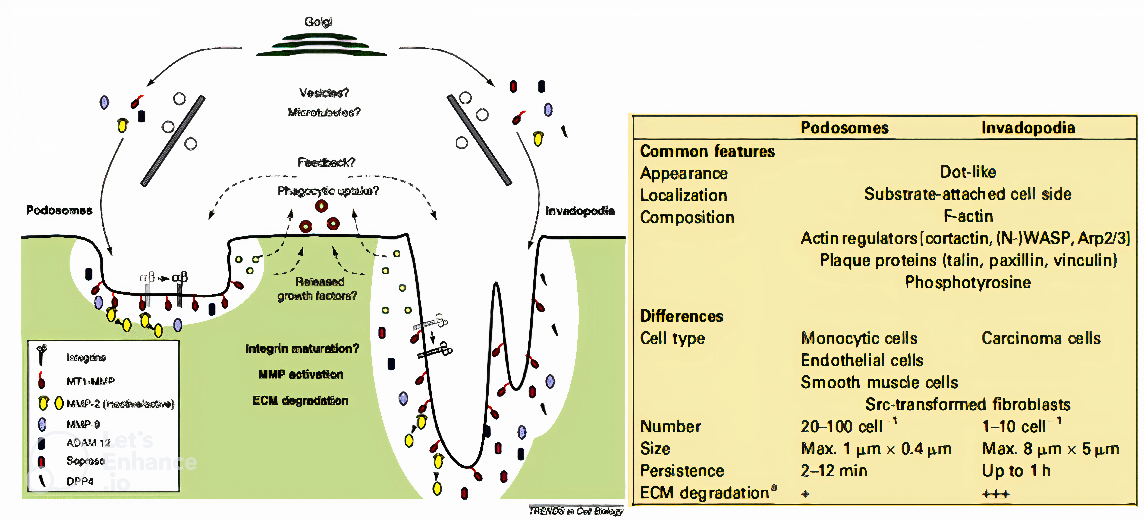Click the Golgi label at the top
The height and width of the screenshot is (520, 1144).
tap(318, 22)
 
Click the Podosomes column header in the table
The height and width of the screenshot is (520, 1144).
tap(844, 128)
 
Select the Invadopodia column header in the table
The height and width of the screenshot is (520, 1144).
tap(1028, 128)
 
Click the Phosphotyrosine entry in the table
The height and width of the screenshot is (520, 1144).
tap(968, 282)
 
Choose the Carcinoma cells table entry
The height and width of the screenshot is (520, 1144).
tap(1041, 338)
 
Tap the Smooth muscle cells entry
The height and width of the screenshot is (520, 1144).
tap(879, 382)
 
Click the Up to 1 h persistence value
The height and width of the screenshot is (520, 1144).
tap(1016, 471)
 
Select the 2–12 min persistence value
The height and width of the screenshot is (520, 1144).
tap(834, 471)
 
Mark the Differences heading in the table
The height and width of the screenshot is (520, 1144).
tap(681, 316)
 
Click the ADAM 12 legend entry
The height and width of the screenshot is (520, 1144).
tap(88, 443)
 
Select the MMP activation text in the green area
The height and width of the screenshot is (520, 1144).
tap(301, 374)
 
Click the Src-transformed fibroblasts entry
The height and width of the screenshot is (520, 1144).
tap(968, 405)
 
